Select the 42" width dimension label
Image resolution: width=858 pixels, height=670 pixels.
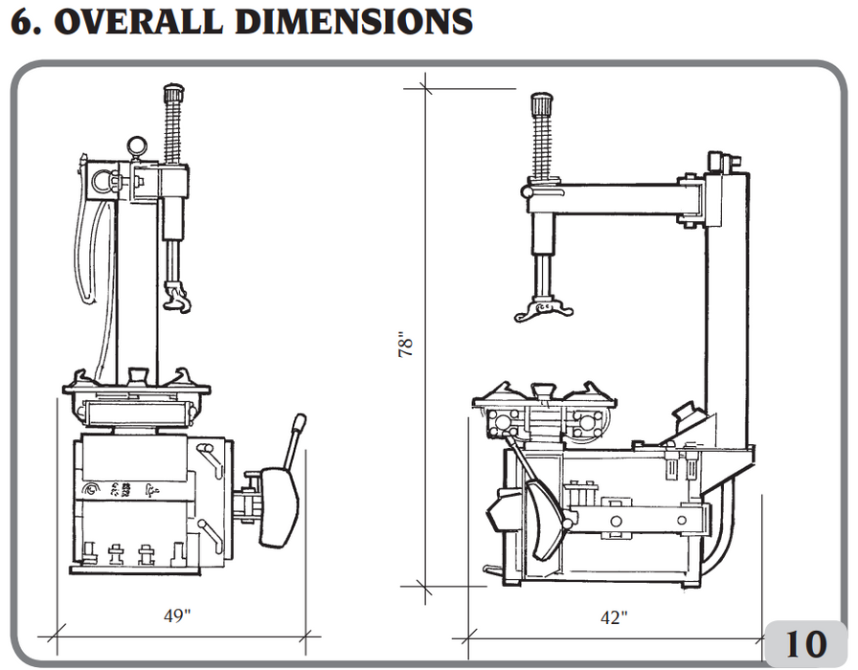(614, 618)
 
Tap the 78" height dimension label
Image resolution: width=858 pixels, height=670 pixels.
(406, 346)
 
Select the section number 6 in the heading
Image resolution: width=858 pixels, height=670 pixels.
(21, 20)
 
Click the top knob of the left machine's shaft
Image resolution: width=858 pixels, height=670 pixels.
(173, 95)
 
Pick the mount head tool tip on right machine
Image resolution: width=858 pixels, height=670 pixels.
(543, 310)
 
